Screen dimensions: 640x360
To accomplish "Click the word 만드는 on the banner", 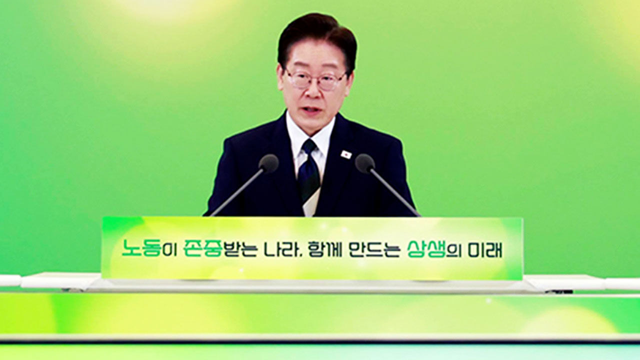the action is [x=374, y=248].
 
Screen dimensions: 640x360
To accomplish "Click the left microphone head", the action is [x=268, y=163].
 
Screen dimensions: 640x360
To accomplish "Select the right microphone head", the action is [x=365, y=163].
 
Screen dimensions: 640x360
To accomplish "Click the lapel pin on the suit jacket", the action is [x=346, y=154].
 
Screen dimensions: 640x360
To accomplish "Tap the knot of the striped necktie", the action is [x=309, y=146].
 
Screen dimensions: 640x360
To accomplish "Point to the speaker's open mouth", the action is [x=312, y=110].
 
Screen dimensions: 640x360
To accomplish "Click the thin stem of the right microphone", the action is [x=395, y=192].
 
